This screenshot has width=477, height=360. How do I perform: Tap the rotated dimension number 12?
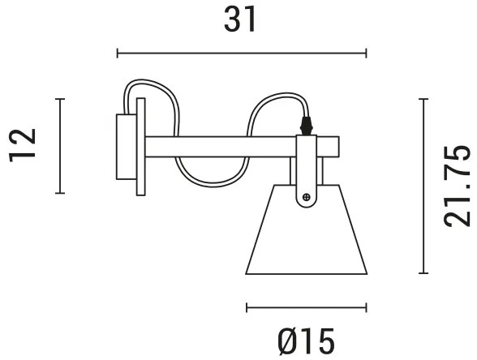pos(26,146)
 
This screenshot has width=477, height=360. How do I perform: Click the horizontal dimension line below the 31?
pos(242,54)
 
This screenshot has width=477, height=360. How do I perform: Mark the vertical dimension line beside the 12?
pos(59,146)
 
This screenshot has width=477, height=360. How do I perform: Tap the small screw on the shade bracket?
pos(306,195)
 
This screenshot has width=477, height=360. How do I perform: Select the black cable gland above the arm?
pos(306,126)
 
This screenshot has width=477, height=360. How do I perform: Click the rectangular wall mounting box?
pos(125,146)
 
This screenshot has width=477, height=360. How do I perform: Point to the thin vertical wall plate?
pos(141,146)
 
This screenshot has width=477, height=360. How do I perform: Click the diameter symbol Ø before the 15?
pos(289,341)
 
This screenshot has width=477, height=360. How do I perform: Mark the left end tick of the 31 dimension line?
pos(118,54)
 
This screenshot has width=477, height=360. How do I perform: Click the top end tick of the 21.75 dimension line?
pos(423,99)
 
